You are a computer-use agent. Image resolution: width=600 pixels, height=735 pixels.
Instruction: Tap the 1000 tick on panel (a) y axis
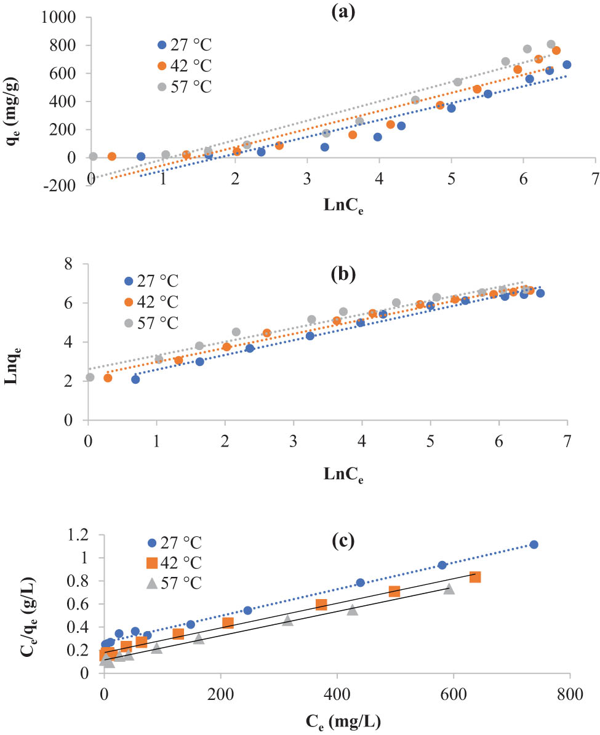58,18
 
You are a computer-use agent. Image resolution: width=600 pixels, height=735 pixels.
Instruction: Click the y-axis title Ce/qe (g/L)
14,603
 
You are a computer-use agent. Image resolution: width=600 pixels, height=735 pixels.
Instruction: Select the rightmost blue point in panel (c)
534,544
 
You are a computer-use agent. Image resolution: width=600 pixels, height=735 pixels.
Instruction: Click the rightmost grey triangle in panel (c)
449,589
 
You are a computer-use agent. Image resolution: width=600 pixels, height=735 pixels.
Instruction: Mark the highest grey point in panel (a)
551,44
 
